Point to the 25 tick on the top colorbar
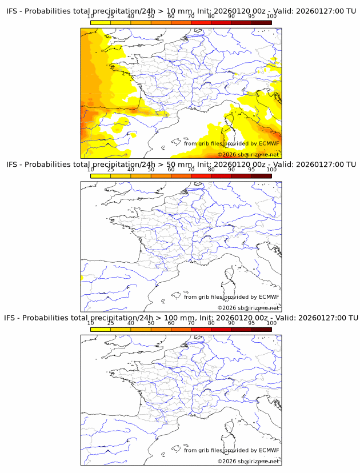coord(110,17)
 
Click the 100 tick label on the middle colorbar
coord(271,170)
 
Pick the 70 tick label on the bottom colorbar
coord(191,323)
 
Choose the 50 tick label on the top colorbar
coord(151,17)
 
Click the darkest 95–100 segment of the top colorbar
coord(261,22)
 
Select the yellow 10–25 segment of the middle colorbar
coord(100,175)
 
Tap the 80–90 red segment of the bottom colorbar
coord(221,328)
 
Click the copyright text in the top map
coord(248,154)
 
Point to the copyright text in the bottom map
coord(248,460)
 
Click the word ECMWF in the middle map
coord(269,296)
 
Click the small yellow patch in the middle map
coord(82,278)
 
